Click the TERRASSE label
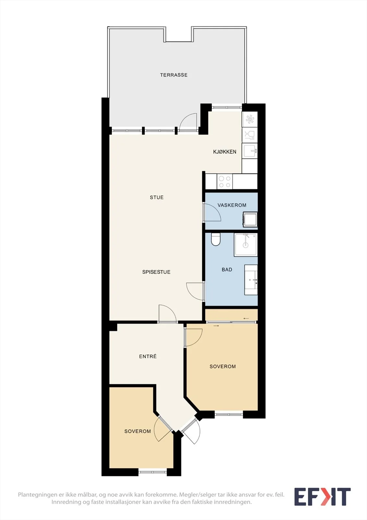click(x=174, y=75)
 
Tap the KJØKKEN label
click(x=225, y=151)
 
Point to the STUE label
click(x=157, y=197)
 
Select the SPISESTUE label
click(x=156, y=272)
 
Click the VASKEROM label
click(x=232, y=205)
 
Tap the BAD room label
click(x=227, y=269)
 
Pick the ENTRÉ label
click(x=148, y=356)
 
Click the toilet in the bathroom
click(x=215, y=239)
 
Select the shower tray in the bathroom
click(x=246, y=245)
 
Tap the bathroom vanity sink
click(x=251, y=280)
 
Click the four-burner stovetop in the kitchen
click(x=225, y=182)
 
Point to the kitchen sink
click(x=250, y=151)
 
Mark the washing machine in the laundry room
click(x=250, y=219)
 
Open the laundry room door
click(x=212, y=212)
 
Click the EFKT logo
click(x=323, y=497)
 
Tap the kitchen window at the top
click(x=227, y=107)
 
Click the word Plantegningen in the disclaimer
click(x=38, y=494)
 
